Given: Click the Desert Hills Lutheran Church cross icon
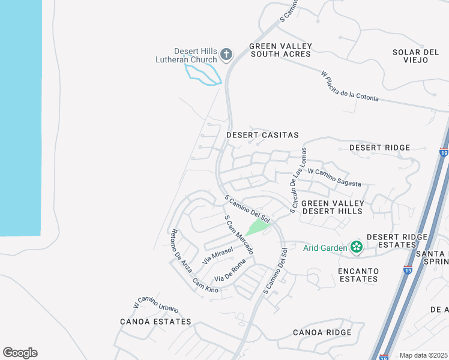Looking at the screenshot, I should pyautogui.click(x=226, y=55).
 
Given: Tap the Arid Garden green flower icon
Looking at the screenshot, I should pyautogui.click(x=357, y=247).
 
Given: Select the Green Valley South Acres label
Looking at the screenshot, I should pyautogui.click(x=280, y=50).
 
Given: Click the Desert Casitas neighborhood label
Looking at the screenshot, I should pyautogui.click(x=262, y=136).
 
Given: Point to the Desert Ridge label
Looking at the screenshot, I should pyautogui.click(x=379, y=148).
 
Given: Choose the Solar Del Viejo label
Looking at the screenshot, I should pyautogui.click(x=416, y=56).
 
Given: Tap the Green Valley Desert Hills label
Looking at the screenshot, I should pyautogui.click(x=332, y=208).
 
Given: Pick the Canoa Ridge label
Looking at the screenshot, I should pyautogui.click(x=322, y=332).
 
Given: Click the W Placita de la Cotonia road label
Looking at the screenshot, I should pyautogui.click(x=350, y=86).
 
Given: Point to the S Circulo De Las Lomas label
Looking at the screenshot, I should pyautogui.click(x=298, y=180).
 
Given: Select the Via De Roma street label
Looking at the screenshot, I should pyautogui.click(x=231, y=272).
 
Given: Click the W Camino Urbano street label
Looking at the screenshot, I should pyautogui.click(x=155, y=304).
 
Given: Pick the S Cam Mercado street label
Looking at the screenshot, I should pyautogui.click(x=238, y=235).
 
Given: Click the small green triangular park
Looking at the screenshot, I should pyautogui.click(x=257, y=227).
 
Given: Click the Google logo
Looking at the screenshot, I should pyautogui.click(x=20, y=352).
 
